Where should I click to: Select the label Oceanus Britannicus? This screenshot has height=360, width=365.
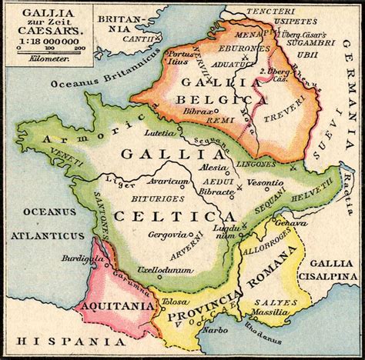point(90,83)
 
